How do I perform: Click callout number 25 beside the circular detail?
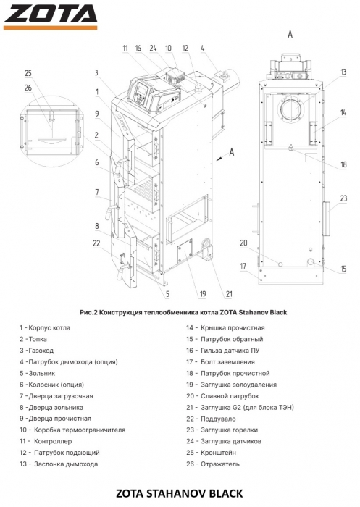click(x=28, y=73)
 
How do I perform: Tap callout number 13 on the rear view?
click(x=343, y=72)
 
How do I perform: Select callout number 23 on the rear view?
click(x=343, y=198)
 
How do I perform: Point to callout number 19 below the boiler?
click(x=203, y=294)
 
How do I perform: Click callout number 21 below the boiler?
click(x=229, y=294)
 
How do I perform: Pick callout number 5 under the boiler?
click(x=167, y=294)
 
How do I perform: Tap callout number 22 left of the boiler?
click(x=96, y=243)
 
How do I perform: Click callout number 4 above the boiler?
click(x=203, y=49)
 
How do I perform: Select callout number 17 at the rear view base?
click(x=243, y=266)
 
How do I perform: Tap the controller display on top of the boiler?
click(x=141, y=91)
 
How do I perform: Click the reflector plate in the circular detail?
click(x=51, y=140)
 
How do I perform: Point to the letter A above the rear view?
click(x=290, y=34)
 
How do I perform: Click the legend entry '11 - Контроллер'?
click(x=46, y=441)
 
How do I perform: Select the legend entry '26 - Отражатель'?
click(x=213, y=464)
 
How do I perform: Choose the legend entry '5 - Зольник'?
click(x=37, y=373)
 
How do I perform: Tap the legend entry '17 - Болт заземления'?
click(x=220, y=362)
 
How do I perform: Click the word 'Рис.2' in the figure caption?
click(x=88, y=312)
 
